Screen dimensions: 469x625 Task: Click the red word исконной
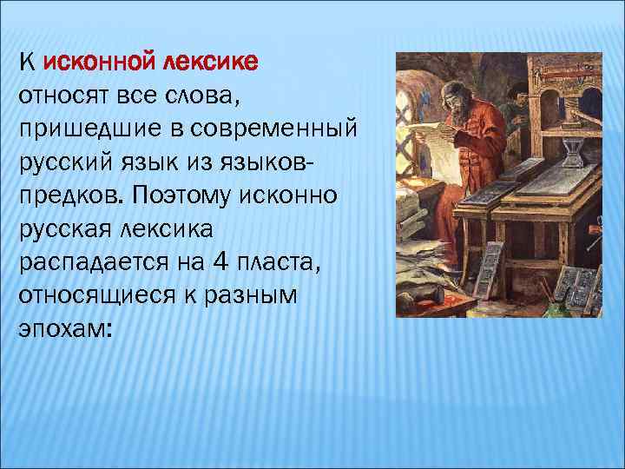(x=99, y=62)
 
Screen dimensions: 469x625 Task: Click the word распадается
(x=89, y=263)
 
